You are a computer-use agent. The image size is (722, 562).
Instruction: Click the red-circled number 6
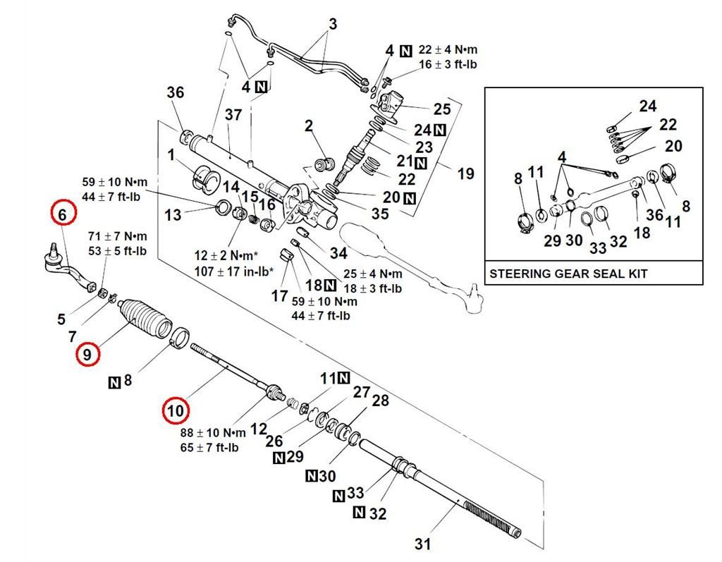click(62, 213)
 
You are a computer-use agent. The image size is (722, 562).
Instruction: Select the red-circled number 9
click(87, 354)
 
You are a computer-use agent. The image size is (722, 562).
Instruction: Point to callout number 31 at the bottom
click(422, 544)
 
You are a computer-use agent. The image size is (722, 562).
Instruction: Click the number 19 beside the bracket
click(465, 173)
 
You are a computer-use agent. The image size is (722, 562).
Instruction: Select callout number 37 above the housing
click(233, 114)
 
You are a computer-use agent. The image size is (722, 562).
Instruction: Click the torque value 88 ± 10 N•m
click(213, 432)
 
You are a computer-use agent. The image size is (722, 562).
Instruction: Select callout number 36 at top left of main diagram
click(175, 92)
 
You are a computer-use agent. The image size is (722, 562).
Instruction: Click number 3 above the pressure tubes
click(333, 24)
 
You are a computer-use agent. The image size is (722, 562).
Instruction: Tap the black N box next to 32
click(359, 512)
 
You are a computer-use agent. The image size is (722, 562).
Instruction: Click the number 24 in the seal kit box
click(647, 106)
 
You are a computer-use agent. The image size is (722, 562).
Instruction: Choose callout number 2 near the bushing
click(309, 126)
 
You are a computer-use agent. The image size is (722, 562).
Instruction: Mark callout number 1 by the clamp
click(171, 154)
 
